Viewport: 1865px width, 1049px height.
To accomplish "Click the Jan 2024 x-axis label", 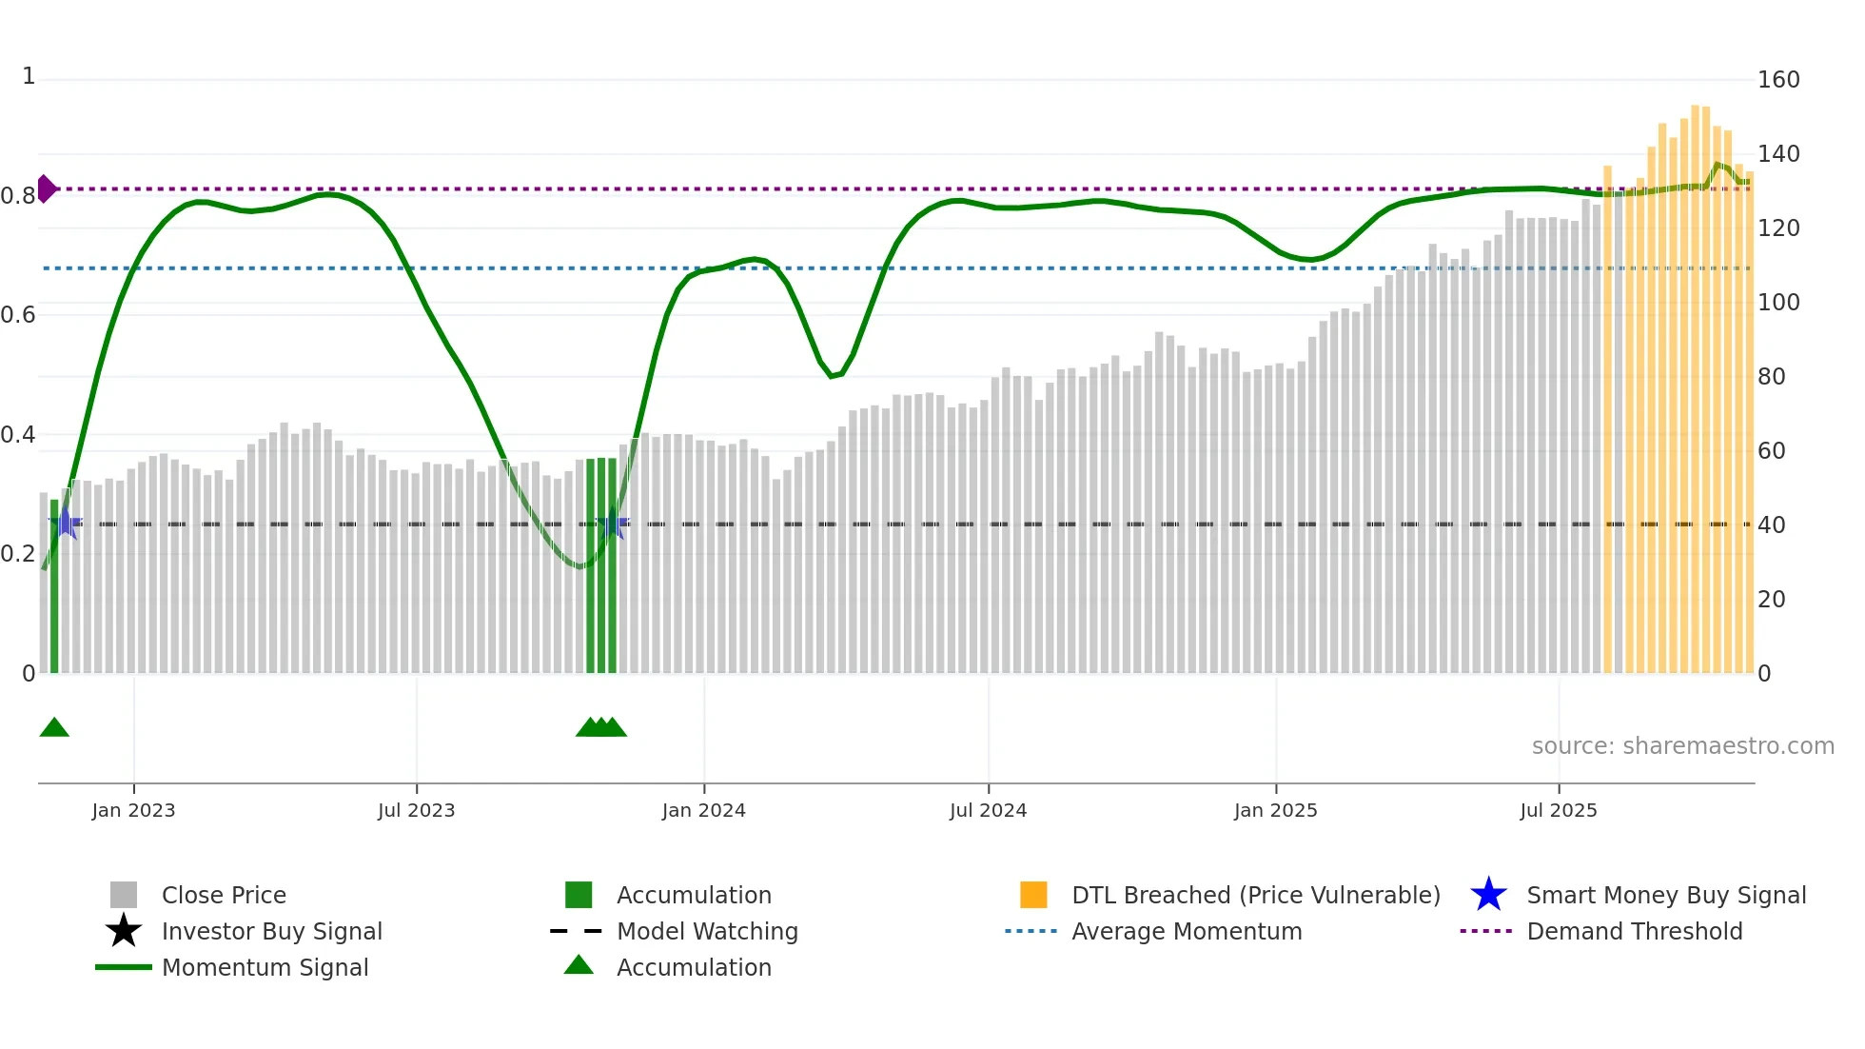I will point(703,810).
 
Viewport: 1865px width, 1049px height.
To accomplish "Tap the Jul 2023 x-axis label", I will point(416,810).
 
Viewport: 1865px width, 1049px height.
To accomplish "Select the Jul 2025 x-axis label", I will point(1558,810).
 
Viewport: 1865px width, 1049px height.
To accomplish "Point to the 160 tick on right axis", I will point(1777,79).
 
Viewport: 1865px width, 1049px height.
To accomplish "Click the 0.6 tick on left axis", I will point(18,315).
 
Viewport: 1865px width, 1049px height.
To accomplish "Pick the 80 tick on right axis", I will point(1771,376).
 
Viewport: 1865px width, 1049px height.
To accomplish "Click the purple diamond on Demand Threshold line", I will point(46,188).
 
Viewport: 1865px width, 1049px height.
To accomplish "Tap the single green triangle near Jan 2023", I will point(54,728).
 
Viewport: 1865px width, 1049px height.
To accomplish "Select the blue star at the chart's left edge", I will point(65,523).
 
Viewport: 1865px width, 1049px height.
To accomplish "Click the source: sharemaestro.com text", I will point(1682,745).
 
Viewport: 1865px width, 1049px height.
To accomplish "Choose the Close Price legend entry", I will point(224,895).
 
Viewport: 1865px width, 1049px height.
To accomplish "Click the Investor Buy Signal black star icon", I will point(124,931).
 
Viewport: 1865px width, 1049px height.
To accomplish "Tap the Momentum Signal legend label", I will point(265,967).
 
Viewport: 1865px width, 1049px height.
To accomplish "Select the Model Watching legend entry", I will point(706,931).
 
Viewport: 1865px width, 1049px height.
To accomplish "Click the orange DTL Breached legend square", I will point(1033,895).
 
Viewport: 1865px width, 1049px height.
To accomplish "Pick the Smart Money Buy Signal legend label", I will point(1665,895).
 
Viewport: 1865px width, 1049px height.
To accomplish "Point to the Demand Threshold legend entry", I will point(1634,931).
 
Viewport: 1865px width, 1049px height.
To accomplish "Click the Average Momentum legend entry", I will point(1186,931).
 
